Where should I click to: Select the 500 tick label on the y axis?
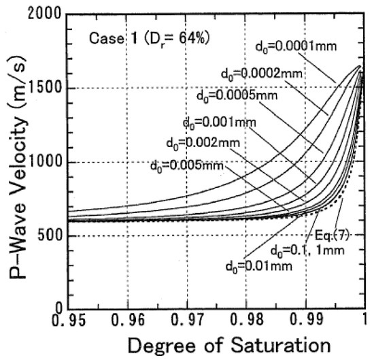[x=49, y=236]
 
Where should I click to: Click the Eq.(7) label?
[x=334, y=234]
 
